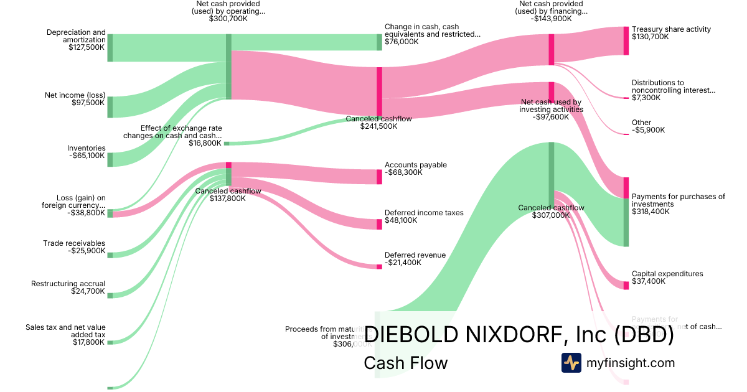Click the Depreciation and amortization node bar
110,48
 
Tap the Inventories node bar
110,159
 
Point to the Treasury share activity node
626,40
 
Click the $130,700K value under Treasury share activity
650,37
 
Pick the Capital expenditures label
667,274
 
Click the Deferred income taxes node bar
379,224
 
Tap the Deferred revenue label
415,255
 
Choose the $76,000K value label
402,42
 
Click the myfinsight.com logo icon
571,363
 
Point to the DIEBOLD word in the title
411,334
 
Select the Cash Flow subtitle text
405,363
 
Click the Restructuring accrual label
68,284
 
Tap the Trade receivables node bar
110,255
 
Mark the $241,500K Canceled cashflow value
378,126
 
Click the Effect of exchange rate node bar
227,143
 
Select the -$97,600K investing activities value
551,117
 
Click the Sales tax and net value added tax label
65,330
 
